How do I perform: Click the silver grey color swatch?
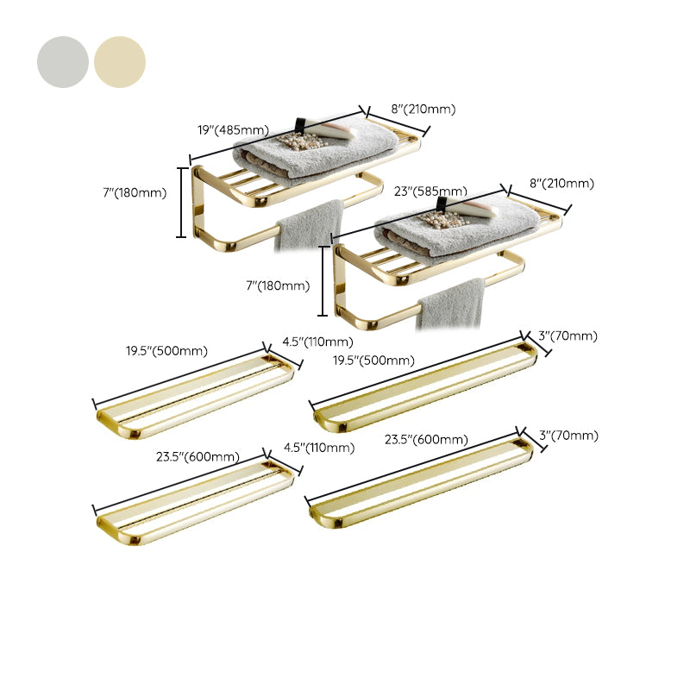(x=62, y=62)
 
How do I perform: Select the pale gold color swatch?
(x=120, y=62)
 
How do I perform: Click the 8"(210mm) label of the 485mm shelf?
(x=423, y=109)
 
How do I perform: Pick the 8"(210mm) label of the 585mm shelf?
(x=561, y=183)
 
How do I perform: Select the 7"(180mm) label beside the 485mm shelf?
(x=133, y=192)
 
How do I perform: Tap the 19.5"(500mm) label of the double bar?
(x=167, y=351)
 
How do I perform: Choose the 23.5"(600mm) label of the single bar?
(x=426, y=439)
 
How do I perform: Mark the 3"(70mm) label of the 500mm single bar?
(x=568, y=336)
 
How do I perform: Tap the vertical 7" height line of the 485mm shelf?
(x=181, y=202)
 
